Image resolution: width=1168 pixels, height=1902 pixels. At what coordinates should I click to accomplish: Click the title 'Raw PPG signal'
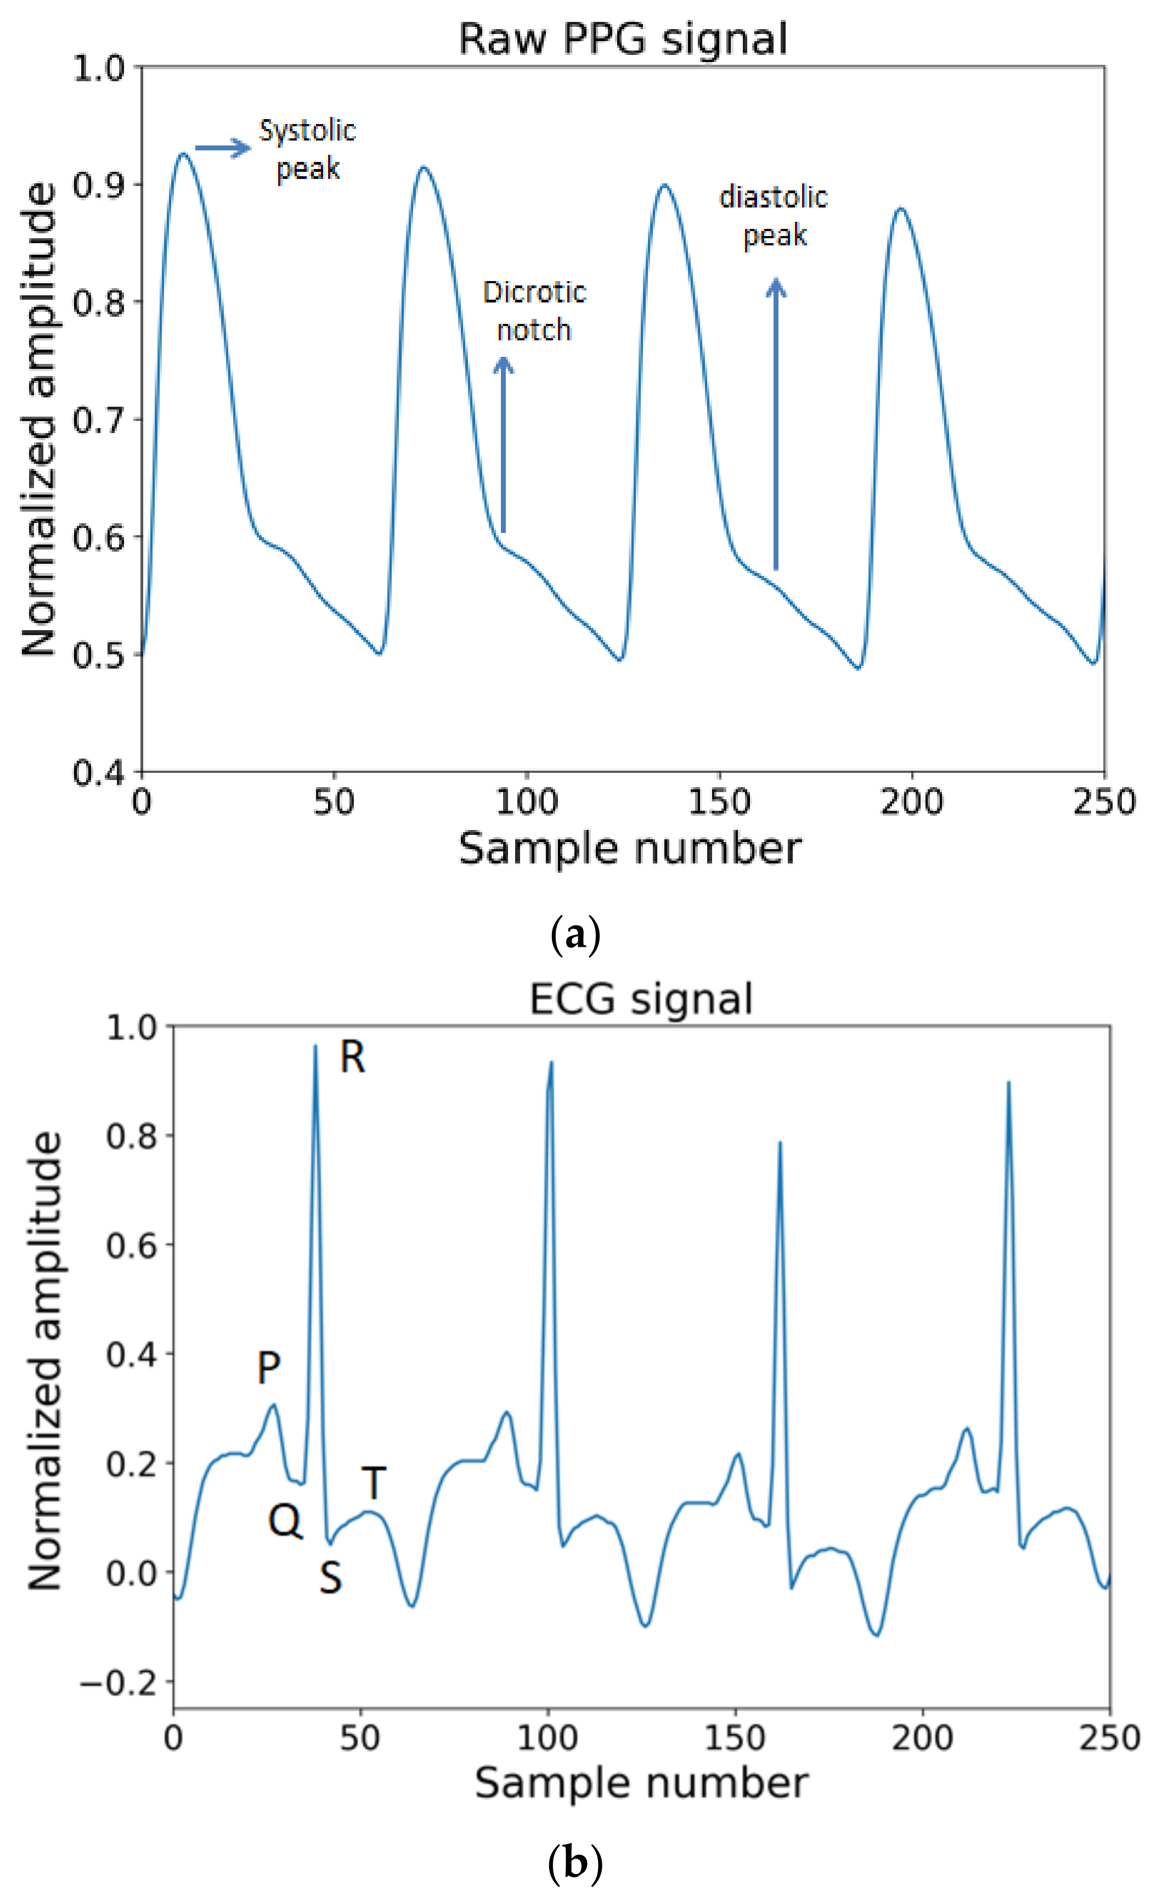coord(623,38)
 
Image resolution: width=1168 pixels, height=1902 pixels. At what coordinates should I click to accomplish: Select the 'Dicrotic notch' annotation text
coord(534,311)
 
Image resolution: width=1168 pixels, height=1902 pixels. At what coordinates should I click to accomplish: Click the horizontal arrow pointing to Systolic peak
coord(223,148)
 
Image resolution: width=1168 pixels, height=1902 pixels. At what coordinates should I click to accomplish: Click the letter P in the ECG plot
coord(268,1368)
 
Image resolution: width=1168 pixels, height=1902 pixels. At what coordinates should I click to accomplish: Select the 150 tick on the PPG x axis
coord(719,802)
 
